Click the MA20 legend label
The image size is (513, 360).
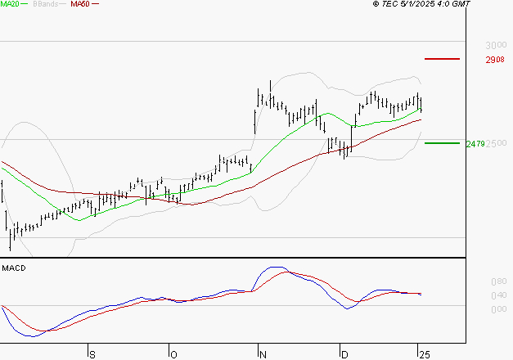click(x=11, y=4)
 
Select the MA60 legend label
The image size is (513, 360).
click(x=79, y=4)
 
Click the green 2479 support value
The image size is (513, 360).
click(x=475, y=144)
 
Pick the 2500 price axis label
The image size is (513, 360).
click(x=496, y=144)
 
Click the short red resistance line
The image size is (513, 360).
click(x=443, y=59)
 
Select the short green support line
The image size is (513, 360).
click(x=443, y=143)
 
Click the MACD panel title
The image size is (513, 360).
click(x=13, y=268)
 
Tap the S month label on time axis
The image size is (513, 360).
click(x=92, y=354)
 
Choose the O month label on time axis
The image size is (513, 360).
click(x=173, y=354)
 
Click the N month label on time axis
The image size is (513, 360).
click(x=263, y=354)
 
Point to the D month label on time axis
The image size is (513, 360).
click(x=345, y=354)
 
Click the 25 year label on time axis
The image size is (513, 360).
click(x=423, y=354)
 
